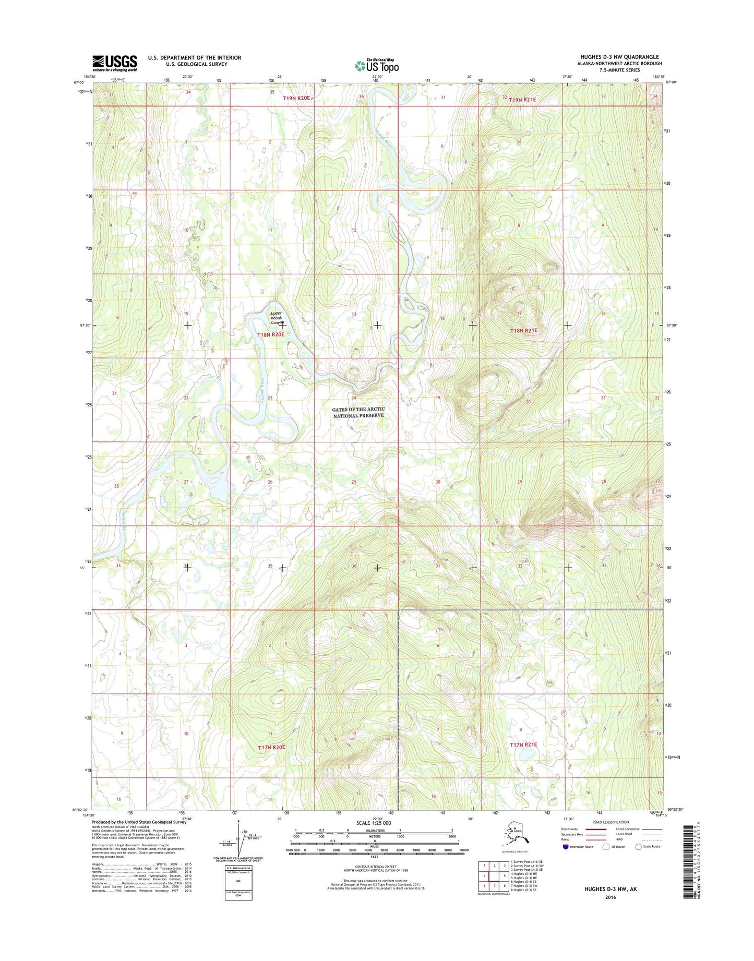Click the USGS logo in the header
coord(114,63)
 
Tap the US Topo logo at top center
coord(377,65)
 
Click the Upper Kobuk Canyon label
coord(277,318)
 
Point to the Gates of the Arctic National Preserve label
coord(358,412)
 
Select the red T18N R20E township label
coord(270,334)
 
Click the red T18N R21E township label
coord(523,331)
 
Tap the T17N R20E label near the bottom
coord(271,748)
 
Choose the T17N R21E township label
coord(523,744)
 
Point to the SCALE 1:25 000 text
coord(374,823)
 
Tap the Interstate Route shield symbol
coord(566,847)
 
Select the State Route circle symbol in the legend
coord(638,847)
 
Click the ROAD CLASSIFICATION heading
coord(611,822)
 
